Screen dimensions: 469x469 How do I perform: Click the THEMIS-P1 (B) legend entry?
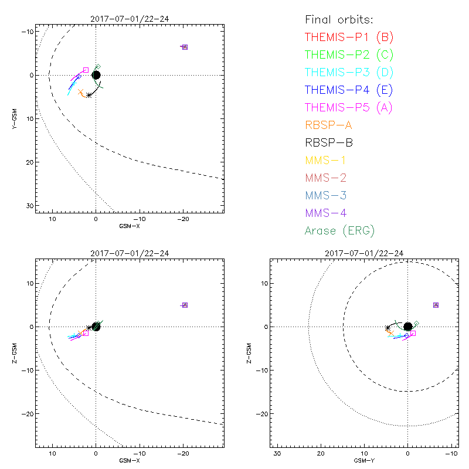pos(349,38)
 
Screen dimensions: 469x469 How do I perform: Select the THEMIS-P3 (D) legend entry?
pos(349,73)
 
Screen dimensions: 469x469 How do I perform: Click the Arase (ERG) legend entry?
pos(339,230)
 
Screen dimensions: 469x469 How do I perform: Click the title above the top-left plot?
pos(130,19)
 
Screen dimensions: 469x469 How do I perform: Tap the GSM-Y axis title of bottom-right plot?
pos(362,461)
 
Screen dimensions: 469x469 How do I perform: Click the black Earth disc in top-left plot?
pos(96,74)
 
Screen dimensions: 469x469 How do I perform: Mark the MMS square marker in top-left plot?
pos(185,47)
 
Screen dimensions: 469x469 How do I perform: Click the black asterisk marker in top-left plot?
pos(89,95)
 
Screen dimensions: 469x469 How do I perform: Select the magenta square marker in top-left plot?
pos(86,70)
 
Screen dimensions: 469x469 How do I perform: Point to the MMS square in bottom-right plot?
pos(436,305)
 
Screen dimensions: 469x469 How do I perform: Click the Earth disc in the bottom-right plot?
pos(407,327)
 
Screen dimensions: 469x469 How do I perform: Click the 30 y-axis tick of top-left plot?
pos(29,206)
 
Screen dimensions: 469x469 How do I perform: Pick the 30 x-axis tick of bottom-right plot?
pos(277,454)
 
